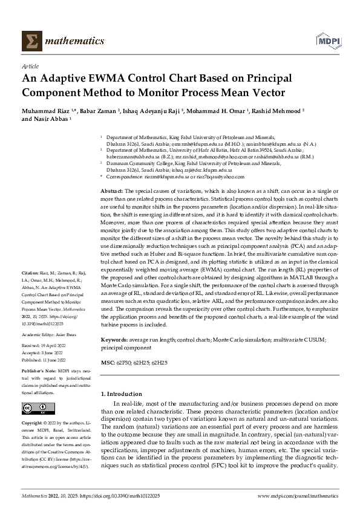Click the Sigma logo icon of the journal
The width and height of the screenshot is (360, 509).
point(30,41)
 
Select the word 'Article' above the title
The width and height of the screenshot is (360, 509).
point(30,66)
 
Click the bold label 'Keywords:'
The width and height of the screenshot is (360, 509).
point(114,341)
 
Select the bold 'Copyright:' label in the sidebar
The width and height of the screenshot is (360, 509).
point(32,422)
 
